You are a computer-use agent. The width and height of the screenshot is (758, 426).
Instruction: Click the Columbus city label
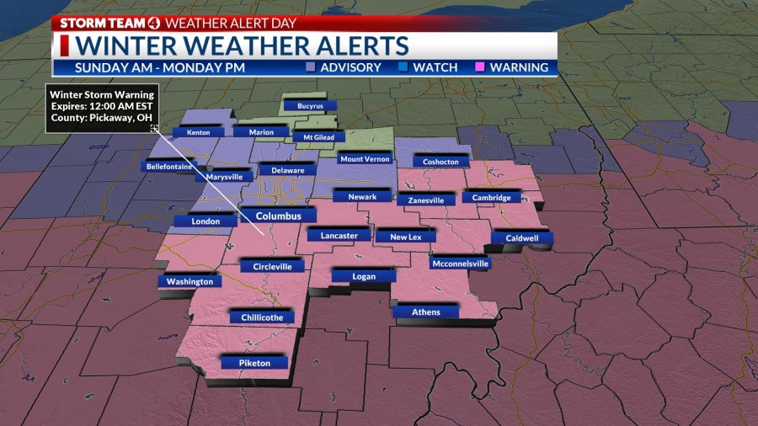[278, 216]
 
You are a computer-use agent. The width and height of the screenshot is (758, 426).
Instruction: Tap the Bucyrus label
[310, 106]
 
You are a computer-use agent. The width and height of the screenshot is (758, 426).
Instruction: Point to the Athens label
[425, 312]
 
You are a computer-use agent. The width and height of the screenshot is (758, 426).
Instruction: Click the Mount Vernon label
[366, 158]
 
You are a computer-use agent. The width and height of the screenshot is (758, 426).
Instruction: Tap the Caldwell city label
[522, 238]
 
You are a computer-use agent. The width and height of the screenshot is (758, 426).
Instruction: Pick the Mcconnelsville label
[459, 264]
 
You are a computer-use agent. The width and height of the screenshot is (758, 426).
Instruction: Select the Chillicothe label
[262, 317]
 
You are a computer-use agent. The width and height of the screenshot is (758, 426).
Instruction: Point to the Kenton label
[198, 131]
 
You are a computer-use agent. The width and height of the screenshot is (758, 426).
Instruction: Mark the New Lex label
[405, 237]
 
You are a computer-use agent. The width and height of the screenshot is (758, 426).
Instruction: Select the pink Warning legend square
[481, 67]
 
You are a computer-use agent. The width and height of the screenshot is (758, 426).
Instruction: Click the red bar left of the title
[63, 45]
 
